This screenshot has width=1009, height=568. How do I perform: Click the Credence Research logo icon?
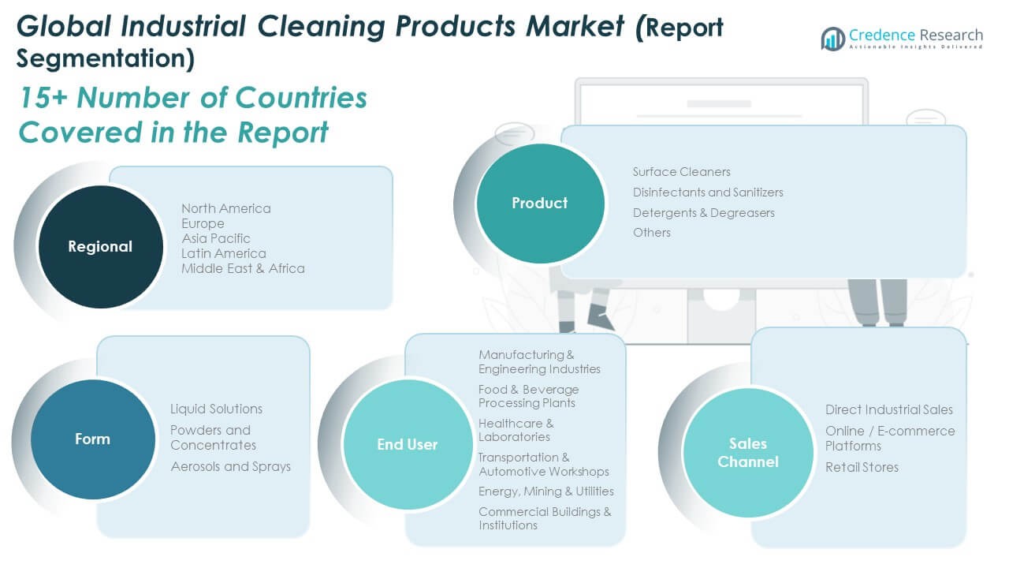coord(832,39)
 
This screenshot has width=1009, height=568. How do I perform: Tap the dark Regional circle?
coord(100,247)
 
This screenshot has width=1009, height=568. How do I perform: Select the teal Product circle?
coord(540,203)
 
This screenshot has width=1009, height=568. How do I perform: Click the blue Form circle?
coord(92,439)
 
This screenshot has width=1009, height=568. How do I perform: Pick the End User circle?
coord(407,445)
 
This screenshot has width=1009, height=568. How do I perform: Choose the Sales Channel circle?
coord(747,453)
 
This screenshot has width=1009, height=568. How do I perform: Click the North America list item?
coord(225,208)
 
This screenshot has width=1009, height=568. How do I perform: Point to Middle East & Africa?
coord(243,268)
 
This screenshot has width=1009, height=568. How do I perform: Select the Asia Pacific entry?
coord(216,238)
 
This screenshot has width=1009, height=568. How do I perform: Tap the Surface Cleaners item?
coord(681,172)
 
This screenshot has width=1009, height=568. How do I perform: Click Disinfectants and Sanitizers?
coord(708,192)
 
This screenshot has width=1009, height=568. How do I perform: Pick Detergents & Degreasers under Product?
coord(703,213)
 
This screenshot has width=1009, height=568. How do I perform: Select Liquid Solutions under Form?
coord(216,409)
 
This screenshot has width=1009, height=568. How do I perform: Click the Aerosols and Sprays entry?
coord(230,466)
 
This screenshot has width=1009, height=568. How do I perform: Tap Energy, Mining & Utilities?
coord(545,491)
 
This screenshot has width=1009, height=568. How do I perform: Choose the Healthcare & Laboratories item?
coord(516,431)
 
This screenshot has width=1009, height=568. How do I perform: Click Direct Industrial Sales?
coord(888,409)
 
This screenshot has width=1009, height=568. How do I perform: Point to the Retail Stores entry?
coord(862,467)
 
